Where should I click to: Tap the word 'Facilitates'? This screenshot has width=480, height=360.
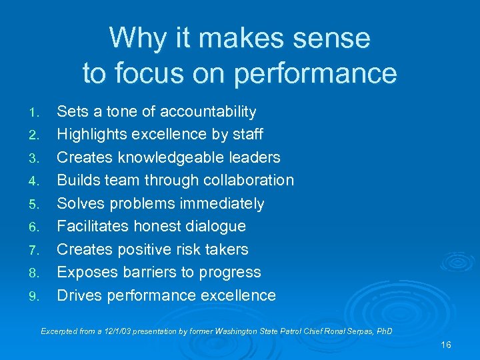93,226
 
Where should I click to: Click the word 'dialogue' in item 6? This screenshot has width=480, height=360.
215,226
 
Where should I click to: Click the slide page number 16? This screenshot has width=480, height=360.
446,345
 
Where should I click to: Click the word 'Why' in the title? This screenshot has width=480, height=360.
131,38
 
